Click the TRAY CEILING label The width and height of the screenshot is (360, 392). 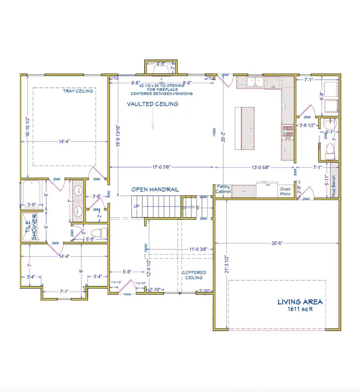click(78, 91)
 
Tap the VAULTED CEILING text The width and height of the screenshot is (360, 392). click(152, 104)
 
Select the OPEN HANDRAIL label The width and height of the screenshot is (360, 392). click(155, 189)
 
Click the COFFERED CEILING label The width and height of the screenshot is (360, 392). click(194, 275)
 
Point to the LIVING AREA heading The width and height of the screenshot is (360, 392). click(300, 302)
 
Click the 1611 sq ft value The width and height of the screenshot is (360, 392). click(300, 309)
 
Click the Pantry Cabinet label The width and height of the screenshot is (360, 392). click(223, 189)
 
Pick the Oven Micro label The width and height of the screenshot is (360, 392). click(285, 191)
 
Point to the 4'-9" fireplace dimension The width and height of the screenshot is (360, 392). click(160, 63)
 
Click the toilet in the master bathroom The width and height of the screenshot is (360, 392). click(98, 233)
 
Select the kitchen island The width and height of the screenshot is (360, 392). click(245, 127)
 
